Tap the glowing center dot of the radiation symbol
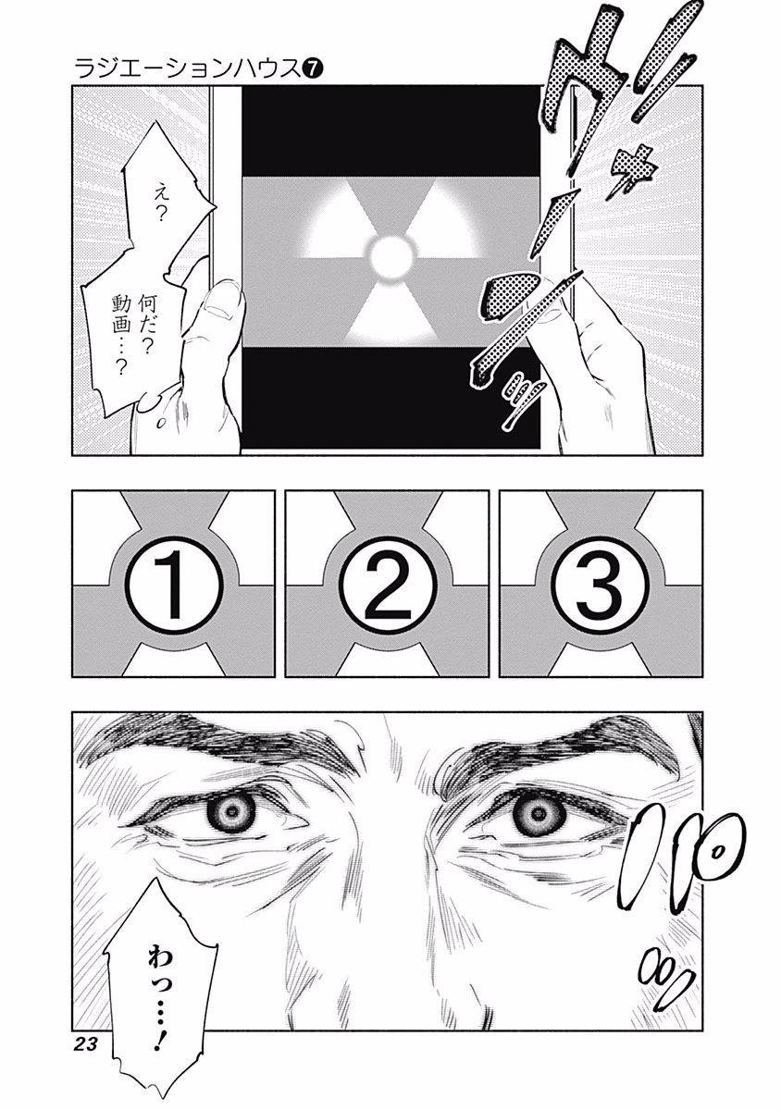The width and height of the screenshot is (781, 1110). pos(390,250)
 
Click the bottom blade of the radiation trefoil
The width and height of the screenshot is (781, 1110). pos(390,310)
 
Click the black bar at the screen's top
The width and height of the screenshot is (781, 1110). pos(390,129)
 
